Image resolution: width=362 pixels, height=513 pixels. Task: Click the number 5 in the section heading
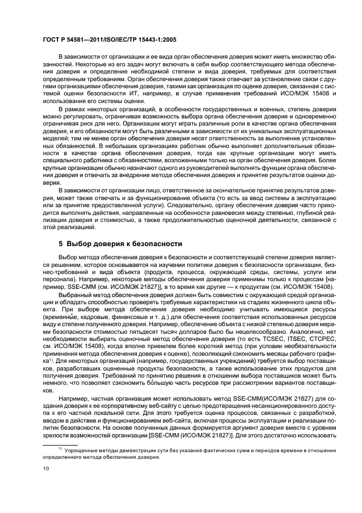(61, 243)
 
